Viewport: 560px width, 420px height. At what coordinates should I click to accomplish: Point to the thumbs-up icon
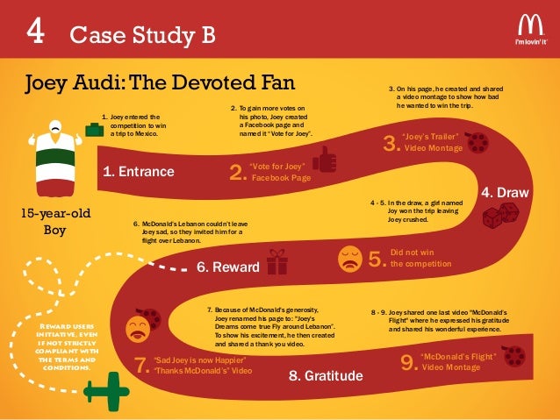coord(325,161)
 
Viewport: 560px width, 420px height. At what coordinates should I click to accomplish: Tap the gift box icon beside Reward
coord(278,261)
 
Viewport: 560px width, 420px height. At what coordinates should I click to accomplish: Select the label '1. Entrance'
coord(139,172)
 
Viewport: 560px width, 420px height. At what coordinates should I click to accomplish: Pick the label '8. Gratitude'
coord(326,376)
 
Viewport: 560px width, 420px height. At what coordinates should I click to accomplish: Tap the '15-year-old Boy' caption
coord(55,222)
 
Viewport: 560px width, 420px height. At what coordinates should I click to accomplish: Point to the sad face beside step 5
coord(349,258)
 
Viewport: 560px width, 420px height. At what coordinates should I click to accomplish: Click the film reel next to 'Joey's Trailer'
coord(477,142)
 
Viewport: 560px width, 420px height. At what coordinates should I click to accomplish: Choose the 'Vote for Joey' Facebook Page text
coord(280,171)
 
